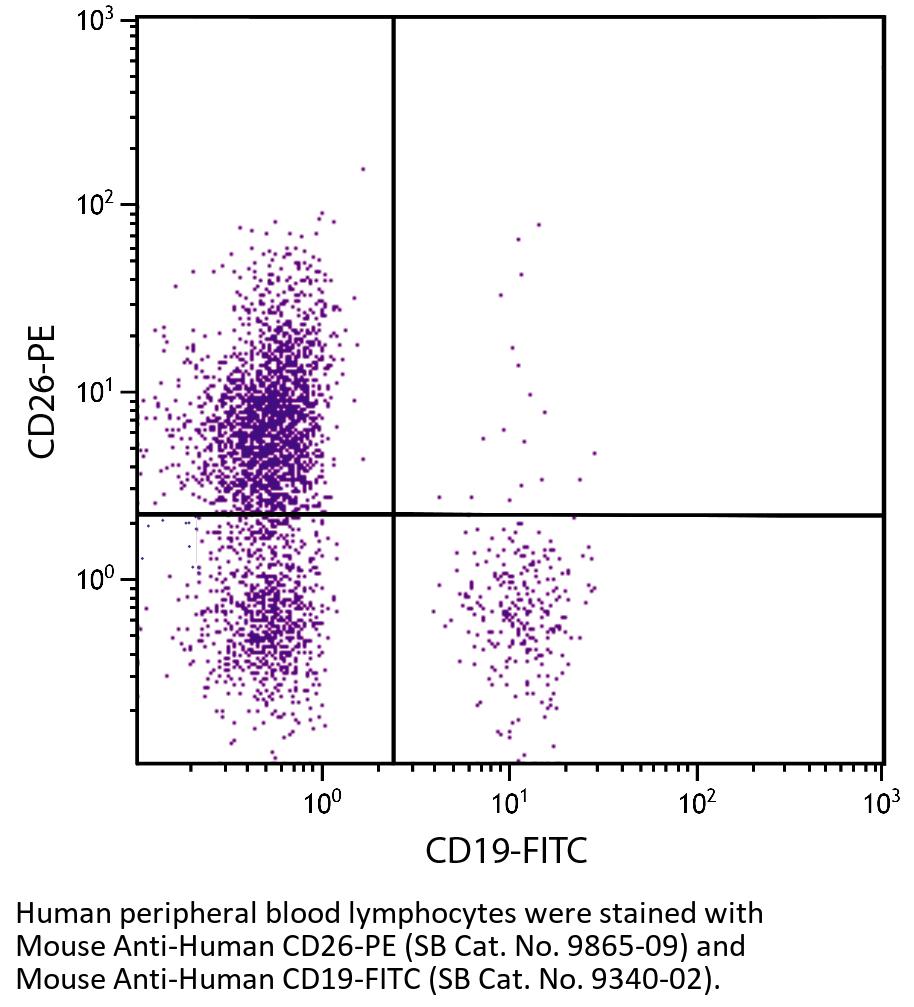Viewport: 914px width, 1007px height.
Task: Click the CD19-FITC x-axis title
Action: click(505, 851)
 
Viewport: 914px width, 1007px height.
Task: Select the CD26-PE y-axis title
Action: click(42, 390)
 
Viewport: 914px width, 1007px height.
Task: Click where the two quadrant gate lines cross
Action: click(393, 515)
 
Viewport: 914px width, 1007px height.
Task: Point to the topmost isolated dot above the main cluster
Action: click(363, 169)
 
